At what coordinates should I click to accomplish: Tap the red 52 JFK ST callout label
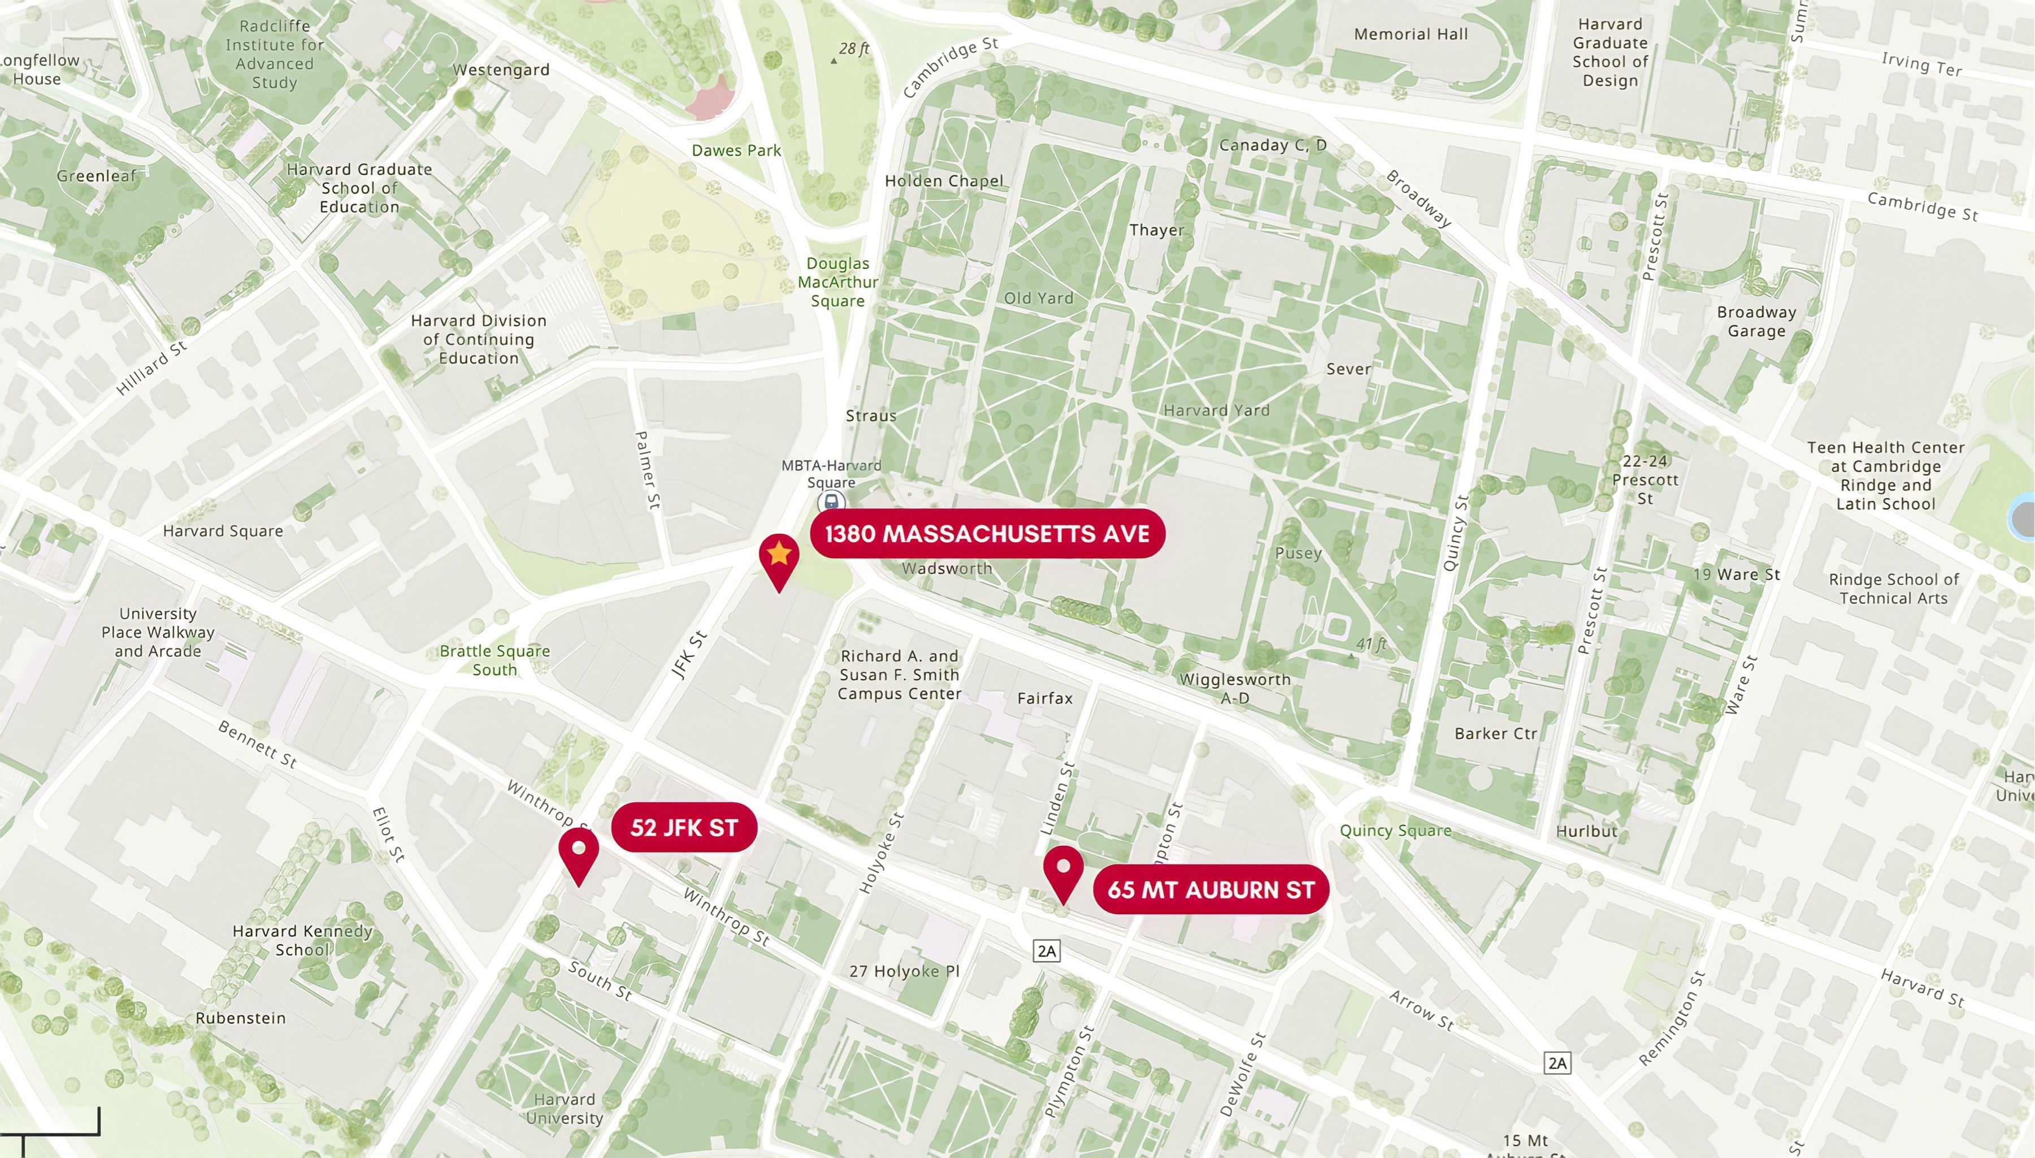(684, 828)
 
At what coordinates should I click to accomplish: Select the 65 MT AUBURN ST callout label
(1210, 889)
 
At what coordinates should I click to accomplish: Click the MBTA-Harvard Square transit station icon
(831, 502)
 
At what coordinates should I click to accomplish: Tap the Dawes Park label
(736, 150)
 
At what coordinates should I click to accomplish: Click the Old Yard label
(1038, 298)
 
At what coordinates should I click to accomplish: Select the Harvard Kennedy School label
(302, 940)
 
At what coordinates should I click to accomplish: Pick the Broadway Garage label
(1756, 321)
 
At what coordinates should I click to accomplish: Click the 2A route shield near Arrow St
(1556, 1062)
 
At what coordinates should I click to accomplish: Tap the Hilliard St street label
(151, 368)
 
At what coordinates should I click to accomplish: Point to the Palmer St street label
(648, 469)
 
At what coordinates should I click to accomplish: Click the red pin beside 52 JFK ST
(579, 853)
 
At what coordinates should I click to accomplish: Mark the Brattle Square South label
(494, 660)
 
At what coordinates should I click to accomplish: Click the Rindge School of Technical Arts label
(1894, 589)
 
